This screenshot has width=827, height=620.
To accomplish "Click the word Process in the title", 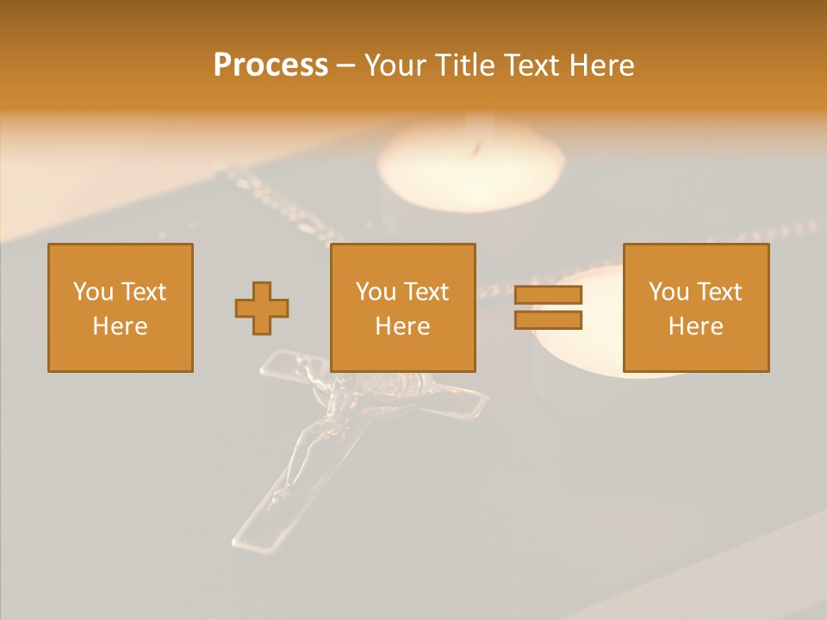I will click(270, 65).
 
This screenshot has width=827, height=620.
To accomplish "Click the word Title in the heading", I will click(462, 65).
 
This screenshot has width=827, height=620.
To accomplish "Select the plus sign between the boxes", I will click(262, 308).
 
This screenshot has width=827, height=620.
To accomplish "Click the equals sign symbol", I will click(548, 307).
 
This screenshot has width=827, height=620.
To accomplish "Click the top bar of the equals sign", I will click(548, 295).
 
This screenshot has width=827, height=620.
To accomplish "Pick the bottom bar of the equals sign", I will click(548, 320).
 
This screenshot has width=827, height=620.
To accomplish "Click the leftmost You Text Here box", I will click(121, 307).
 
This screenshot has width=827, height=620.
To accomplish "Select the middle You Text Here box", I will click(403, 307).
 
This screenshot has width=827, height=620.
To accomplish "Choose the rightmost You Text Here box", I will click(696, 307).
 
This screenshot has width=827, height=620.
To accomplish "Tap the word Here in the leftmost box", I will click(121, 326).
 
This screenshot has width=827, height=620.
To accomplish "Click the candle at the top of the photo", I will click(471, 168).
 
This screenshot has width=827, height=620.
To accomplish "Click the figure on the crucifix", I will click(314, 431).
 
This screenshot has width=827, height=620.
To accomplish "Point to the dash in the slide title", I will click(346, 65).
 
